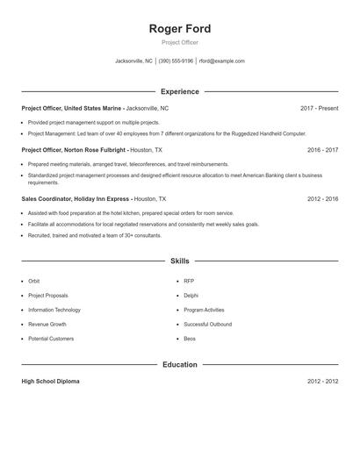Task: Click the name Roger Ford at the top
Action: tap(180, 28)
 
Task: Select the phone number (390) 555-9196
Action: tap(176, 61)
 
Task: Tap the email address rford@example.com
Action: tap(221, 61)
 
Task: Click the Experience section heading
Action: tap(180, 91)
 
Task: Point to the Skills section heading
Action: tap(180, 261)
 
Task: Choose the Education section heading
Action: tap(180, 364)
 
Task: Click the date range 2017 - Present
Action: tap(319, 108)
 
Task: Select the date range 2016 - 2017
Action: tap(322, 150)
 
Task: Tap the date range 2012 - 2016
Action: tap(322, 199)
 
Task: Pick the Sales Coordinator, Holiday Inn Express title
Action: tap(76, 199)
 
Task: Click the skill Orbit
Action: tap(34, 281)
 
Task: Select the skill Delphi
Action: tap(191, 296)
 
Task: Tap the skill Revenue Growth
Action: tap(47, 324)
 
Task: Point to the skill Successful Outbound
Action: tap(208, 324)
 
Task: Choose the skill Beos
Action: tap(190, 339)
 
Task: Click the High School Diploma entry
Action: tap(50, 382)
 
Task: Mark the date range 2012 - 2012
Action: tap(322, 382)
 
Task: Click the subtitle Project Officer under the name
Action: tap(180, 42)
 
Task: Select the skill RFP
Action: tap(189, 281)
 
